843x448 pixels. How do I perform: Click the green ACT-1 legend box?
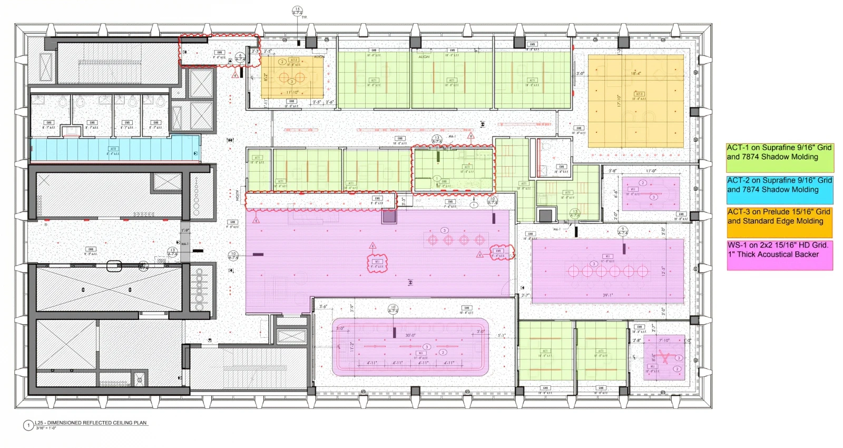click(x=780, y=157)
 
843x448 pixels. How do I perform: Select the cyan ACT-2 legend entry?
click(x=780, y=190)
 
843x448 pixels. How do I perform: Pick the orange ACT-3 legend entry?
click(x=780, y=221)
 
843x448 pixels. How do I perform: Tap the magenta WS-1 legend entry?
click(x=780, y=255)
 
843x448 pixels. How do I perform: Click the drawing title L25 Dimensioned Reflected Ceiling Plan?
click(x=91, y=423)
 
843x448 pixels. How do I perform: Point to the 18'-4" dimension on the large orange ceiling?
click(x=636, y=74)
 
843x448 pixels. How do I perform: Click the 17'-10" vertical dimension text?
click(x=619, y=101)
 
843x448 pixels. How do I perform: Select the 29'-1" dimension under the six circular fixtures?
click(x=607, y=295)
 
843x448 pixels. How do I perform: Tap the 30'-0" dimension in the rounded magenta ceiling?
click(x=410, y=335)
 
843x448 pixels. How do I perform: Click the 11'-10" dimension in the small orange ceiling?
click(x=292, y=92)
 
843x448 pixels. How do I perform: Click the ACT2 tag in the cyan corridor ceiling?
click(x=113, y=149)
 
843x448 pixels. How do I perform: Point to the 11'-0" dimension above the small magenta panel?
click(x=651, y=171)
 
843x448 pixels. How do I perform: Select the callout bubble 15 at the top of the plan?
click(x=297, y=11)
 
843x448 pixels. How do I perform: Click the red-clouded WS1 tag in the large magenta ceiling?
click(x=377, y=262)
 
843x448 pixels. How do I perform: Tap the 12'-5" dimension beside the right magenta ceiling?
click(x=663, y=271)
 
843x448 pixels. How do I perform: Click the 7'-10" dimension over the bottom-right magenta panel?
click(x=664, y=340)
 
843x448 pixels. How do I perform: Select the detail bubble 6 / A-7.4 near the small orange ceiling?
click(x=240, y=57)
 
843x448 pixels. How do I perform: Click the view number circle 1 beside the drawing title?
click(x=28, y=425)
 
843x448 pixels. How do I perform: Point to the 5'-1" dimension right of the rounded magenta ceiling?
click(x=501, y=335)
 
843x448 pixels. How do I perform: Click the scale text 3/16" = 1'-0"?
click(x=46, y=428)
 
